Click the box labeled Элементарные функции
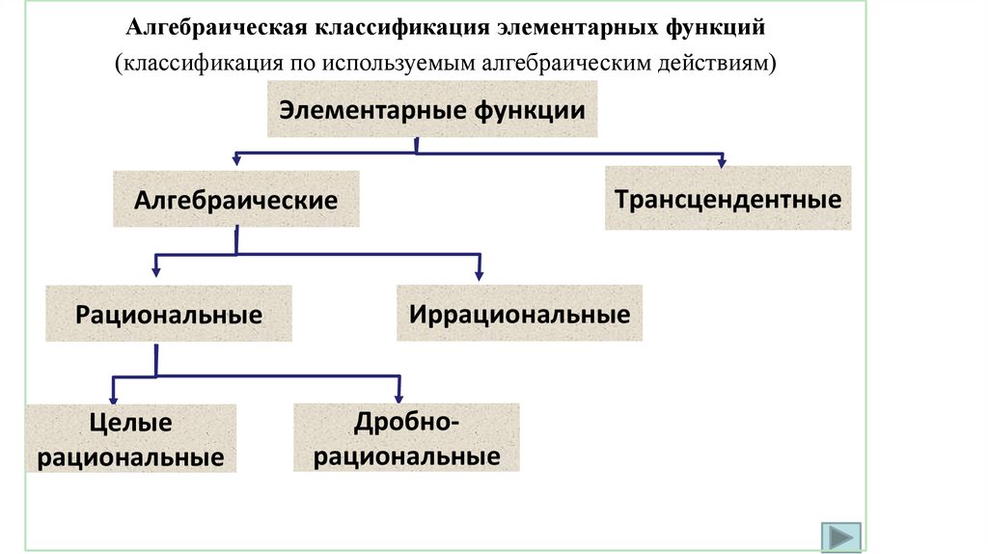click(x=433, y=109)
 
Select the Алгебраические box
click(x=235, y=200)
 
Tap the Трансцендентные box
click(x=727, y=199)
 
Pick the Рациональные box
click(x=169, y=314)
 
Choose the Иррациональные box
click(x=519, y=314)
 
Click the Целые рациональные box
click(x=130, y=438)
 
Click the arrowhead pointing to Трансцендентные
click(x=722, y=160)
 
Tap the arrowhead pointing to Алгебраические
click(x=235, y=160)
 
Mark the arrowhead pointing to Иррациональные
click(x=479, y=275)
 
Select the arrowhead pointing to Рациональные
click(x=156, y=275)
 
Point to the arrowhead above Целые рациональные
click(x=114, y=396)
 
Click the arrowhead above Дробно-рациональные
click(x=398, y=396)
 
